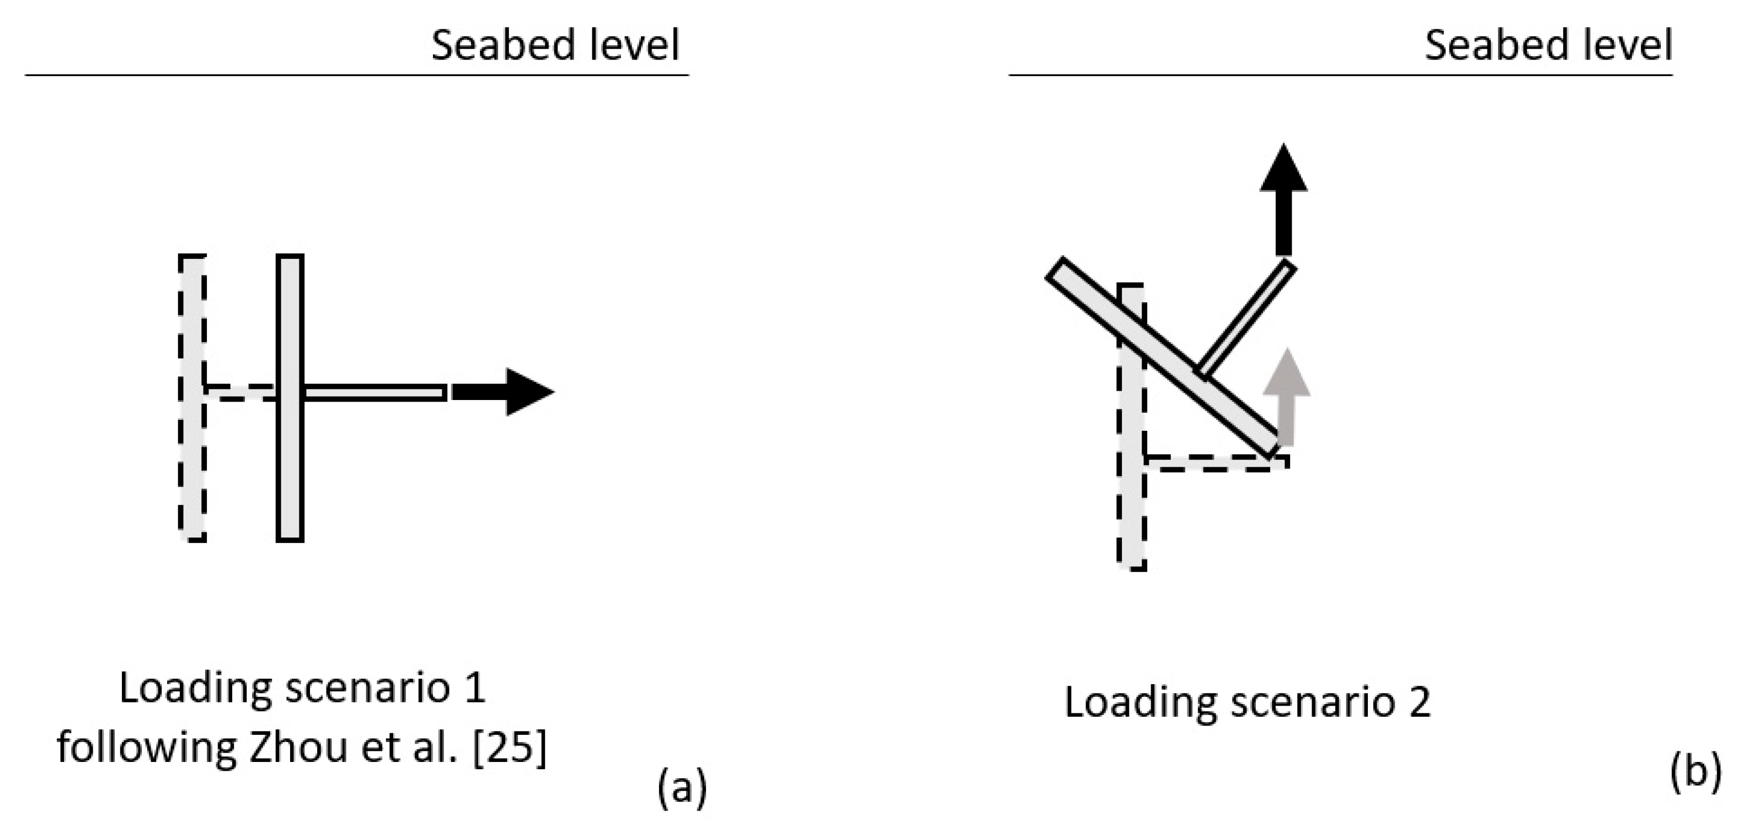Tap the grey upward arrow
pos(1287,398)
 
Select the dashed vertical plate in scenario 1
pos(192,398)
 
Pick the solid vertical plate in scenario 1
pos(290,398)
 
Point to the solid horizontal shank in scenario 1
pos(374,392)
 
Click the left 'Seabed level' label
pos(555,45)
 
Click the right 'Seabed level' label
pos(1548,45)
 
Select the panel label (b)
pos(1695,771)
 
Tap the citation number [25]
pos(510,748)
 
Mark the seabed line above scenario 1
pos(356,75)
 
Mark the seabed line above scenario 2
pos(1340,75)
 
